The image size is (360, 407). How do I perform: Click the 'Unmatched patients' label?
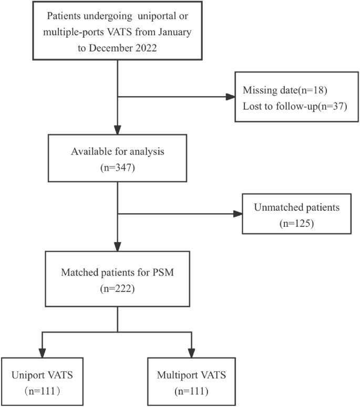pyautogui.click(x=297, y=207)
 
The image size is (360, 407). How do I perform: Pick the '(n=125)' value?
pyautogui.click(x=297, y=223)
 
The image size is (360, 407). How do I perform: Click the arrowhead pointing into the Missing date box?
pyautogui.click(x=230, y=97)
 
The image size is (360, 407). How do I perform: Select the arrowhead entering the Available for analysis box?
pyautogui.click(x=118, y=130)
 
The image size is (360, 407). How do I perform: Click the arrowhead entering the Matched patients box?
pyautogui.click(x=118, y=247)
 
